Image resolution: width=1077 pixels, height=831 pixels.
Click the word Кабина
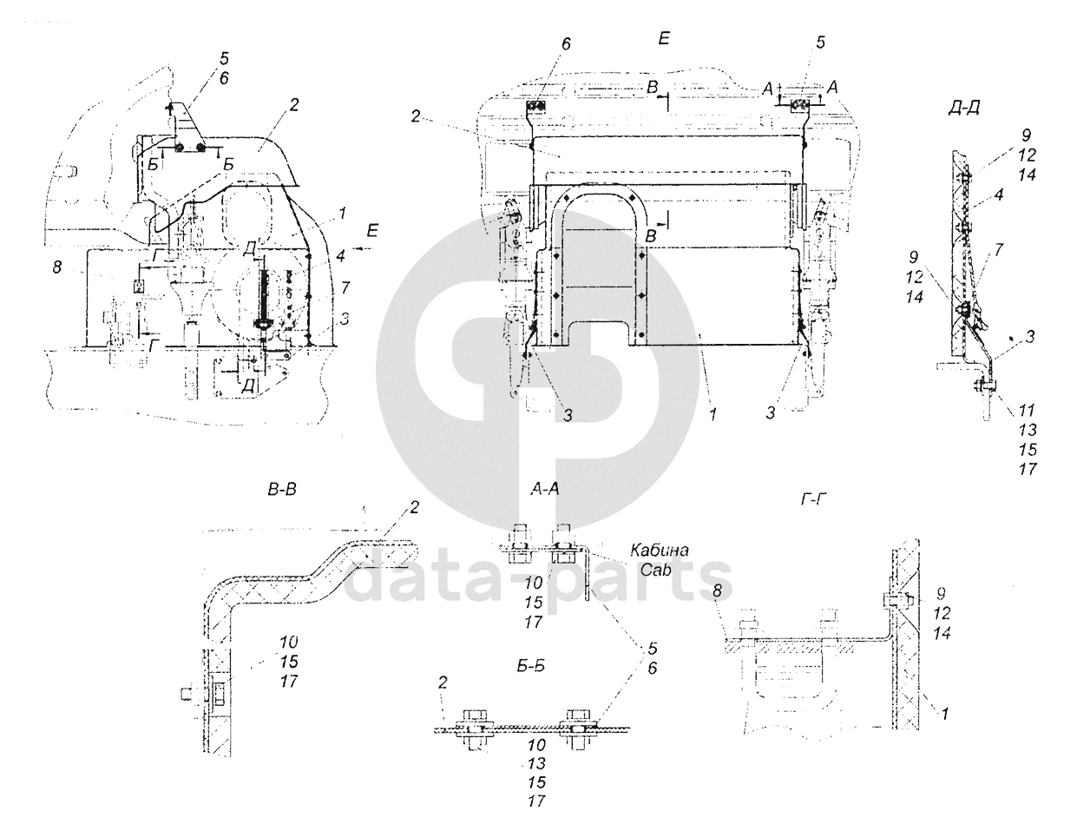[x=660, y=550]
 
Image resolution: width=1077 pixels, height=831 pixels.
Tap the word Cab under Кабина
[x=655, y=570]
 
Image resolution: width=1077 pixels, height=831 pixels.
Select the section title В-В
[x=281, y=490]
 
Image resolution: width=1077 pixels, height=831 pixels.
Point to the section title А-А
[x=545, y=490]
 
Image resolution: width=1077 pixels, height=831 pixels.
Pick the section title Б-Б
[x=531, y=666]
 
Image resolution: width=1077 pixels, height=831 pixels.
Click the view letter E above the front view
[x=664, y=39]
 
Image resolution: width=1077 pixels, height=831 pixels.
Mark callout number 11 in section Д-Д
[x=1027, y=410]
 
